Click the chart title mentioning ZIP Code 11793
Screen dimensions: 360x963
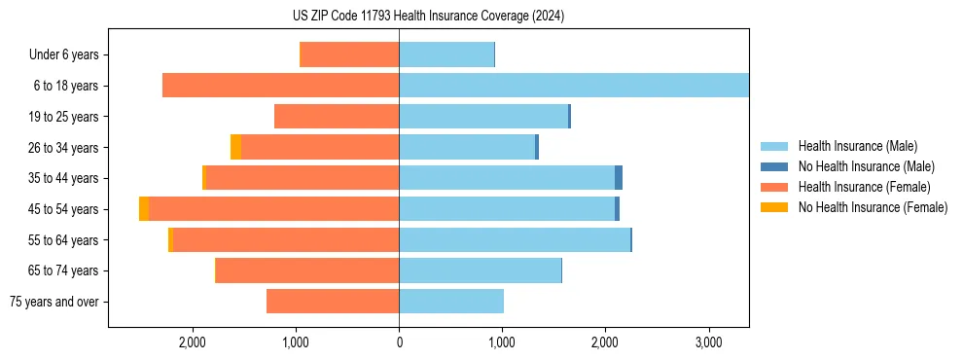coord(428,16)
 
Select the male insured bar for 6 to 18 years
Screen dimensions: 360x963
coord(573,86)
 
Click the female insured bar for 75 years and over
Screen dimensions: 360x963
coord(333,302)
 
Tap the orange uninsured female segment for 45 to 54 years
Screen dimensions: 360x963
coord(144,209)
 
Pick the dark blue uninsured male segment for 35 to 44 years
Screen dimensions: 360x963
coord(619,178)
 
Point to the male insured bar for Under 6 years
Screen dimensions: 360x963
coord(446,54)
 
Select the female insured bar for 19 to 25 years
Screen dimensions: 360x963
coord(337,117)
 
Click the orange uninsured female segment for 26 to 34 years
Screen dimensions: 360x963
coord(235,147)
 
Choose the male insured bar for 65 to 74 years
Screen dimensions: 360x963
coord(480,270)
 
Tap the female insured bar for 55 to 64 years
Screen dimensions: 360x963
coord(285,240)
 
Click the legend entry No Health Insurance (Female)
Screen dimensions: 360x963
coord(873,207)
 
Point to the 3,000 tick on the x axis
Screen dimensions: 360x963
coord(708,342)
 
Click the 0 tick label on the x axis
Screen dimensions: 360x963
coord(399,342)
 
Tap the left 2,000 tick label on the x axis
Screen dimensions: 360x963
coord(193,342)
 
